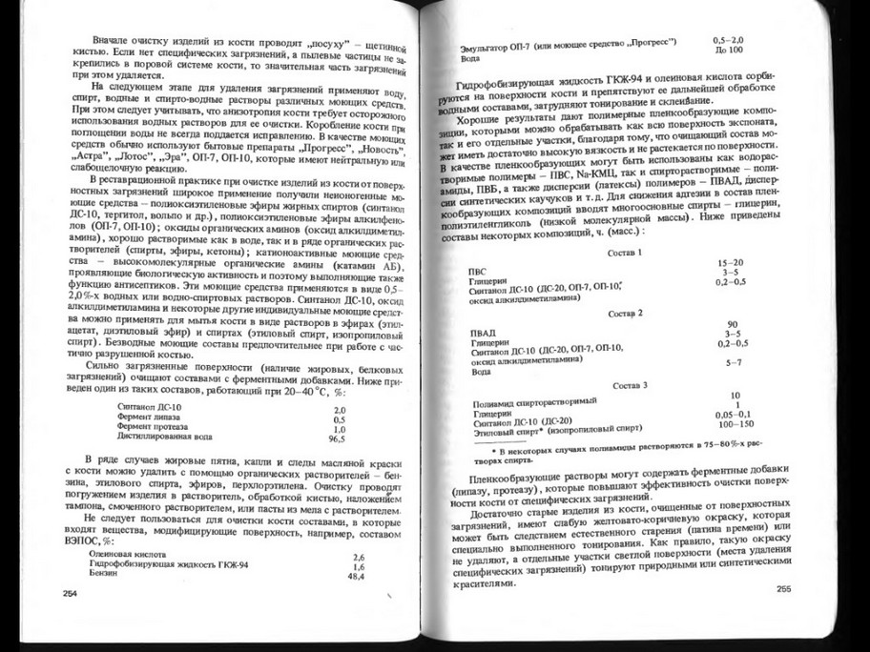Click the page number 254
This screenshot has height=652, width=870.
(x=69, y=592)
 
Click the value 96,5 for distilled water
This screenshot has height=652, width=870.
(x=337, y=440)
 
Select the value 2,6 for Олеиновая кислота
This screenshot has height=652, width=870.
(x=359, y=557)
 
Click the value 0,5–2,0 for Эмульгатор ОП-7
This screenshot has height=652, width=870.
(x=730, y=39)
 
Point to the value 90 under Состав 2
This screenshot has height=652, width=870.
(x=733, y=324)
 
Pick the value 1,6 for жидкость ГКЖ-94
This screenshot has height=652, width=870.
(x=359, y=567)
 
